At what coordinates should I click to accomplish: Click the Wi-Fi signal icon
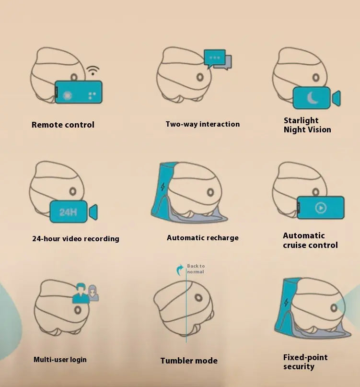tap(93, 70)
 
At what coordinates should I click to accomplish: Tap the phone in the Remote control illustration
tap(78, 92)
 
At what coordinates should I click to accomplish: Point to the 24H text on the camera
tap(68, 212)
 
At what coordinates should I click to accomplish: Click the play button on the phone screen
tap(321, 208)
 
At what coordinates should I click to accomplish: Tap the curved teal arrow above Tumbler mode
tap(180, 270)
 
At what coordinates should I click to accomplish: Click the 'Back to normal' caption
tap(196, 269)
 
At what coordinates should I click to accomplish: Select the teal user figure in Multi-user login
tap(81, 293)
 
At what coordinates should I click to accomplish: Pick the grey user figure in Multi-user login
tap(93, 293)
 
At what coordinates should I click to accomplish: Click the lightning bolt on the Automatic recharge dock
tap(163, 187)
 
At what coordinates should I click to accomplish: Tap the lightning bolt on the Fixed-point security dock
tap(286, 302)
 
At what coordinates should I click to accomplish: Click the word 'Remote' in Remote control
tap(46, 125)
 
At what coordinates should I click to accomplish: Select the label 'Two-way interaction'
tap(203, 124)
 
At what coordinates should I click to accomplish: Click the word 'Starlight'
tap(301, 120)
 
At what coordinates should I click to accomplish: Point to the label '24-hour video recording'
tap(76, 239)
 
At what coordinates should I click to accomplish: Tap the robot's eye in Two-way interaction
tap(200, 77)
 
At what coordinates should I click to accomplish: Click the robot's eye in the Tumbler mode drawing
tap(198, 298)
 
